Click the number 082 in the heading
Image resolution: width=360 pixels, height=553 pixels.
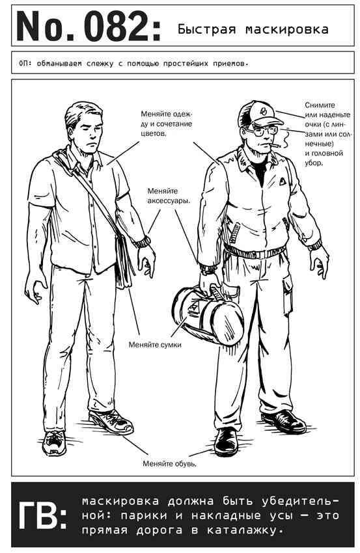click(x=118, y=27)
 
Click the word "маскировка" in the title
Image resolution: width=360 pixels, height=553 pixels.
click(x=286, y=29)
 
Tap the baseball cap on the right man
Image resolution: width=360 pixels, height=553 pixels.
click(x=260, y=114)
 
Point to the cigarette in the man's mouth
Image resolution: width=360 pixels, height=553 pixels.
click(x=274, y=145)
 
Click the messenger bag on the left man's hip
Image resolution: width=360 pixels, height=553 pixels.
click(x=124, y=260)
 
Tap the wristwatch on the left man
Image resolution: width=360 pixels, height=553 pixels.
click(x=142, y=242)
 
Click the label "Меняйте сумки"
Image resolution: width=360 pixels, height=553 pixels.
click(x=155, y=345)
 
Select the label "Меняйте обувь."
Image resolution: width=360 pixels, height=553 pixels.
click(x=170, y=464)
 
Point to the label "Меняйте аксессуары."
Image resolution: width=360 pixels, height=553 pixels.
click(x=169, y=196)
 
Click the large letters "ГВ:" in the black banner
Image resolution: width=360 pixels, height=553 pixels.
click(x=43, y=515)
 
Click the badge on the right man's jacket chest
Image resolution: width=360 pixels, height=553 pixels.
click(x=283, y=182)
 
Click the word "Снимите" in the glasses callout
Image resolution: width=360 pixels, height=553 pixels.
click(x=320, y=105)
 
